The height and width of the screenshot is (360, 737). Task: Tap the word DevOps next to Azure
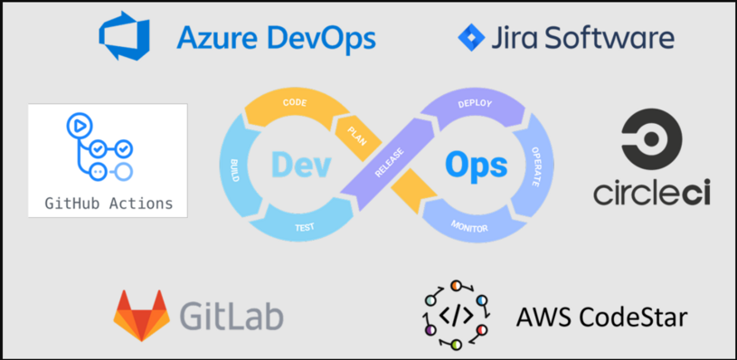click(x=318, y=38)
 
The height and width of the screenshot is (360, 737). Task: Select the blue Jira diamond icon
click(x=471, y=38)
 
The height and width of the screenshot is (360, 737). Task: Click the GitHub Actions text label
click(x=108, y=203)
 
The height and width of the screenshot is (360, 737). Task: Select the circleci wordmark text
click(x=652, y=193)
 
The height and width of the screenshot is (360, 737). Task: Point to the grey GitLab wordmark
click(x=231, y=315)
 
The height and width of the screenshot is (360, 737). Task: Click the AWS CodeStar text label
click(x=601, y=317)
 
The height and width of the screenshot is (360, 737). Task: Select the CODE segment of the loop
click(x=295, y=104)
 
